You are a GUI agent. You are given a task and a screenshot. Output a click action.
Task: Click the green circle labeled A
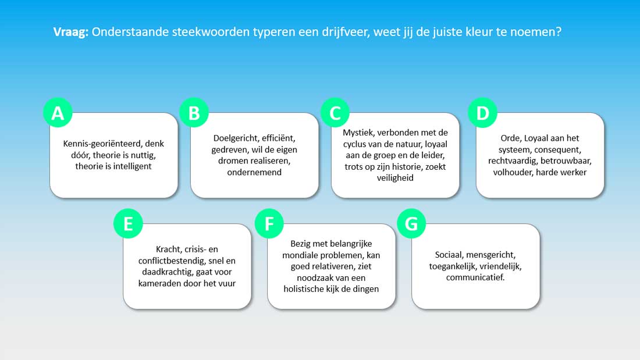click(x=58, y=113)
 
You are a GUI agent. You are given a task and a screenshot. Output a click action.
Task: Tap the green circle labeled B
click(x=194, y=113)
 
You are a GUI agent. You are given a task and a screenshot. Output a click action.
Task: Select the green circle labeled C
click(x=335, y=113)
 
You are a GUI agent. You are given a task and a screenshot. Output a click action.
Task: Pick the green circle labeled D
click(x=482, y=113)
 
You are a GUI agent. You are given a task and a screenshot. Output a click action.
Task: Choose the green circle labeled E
click(x=128, y=224)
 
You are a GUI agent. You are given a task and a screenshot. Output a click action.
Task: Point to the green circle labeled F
click(x=269, y=224)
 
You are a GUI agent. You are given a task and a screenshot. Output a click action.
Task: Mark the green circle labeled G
click(x=411, y=224)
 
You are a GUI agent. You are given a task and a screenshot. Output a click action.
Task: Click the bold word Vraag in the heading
click(x=70, y=32)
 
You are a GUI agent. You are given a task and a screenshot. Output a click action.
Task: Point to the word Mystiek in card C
click(x=358, y=133)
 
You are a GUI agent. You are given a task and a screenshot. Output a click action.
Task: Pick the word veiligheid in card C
click(x=395, y=177)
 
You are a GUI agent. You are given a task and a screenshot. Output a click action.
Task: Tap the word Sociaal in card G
click(x=449, y=255)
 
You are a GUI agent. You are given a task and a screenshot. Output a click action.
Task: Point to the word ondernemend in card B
click(x=254, y=172)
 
